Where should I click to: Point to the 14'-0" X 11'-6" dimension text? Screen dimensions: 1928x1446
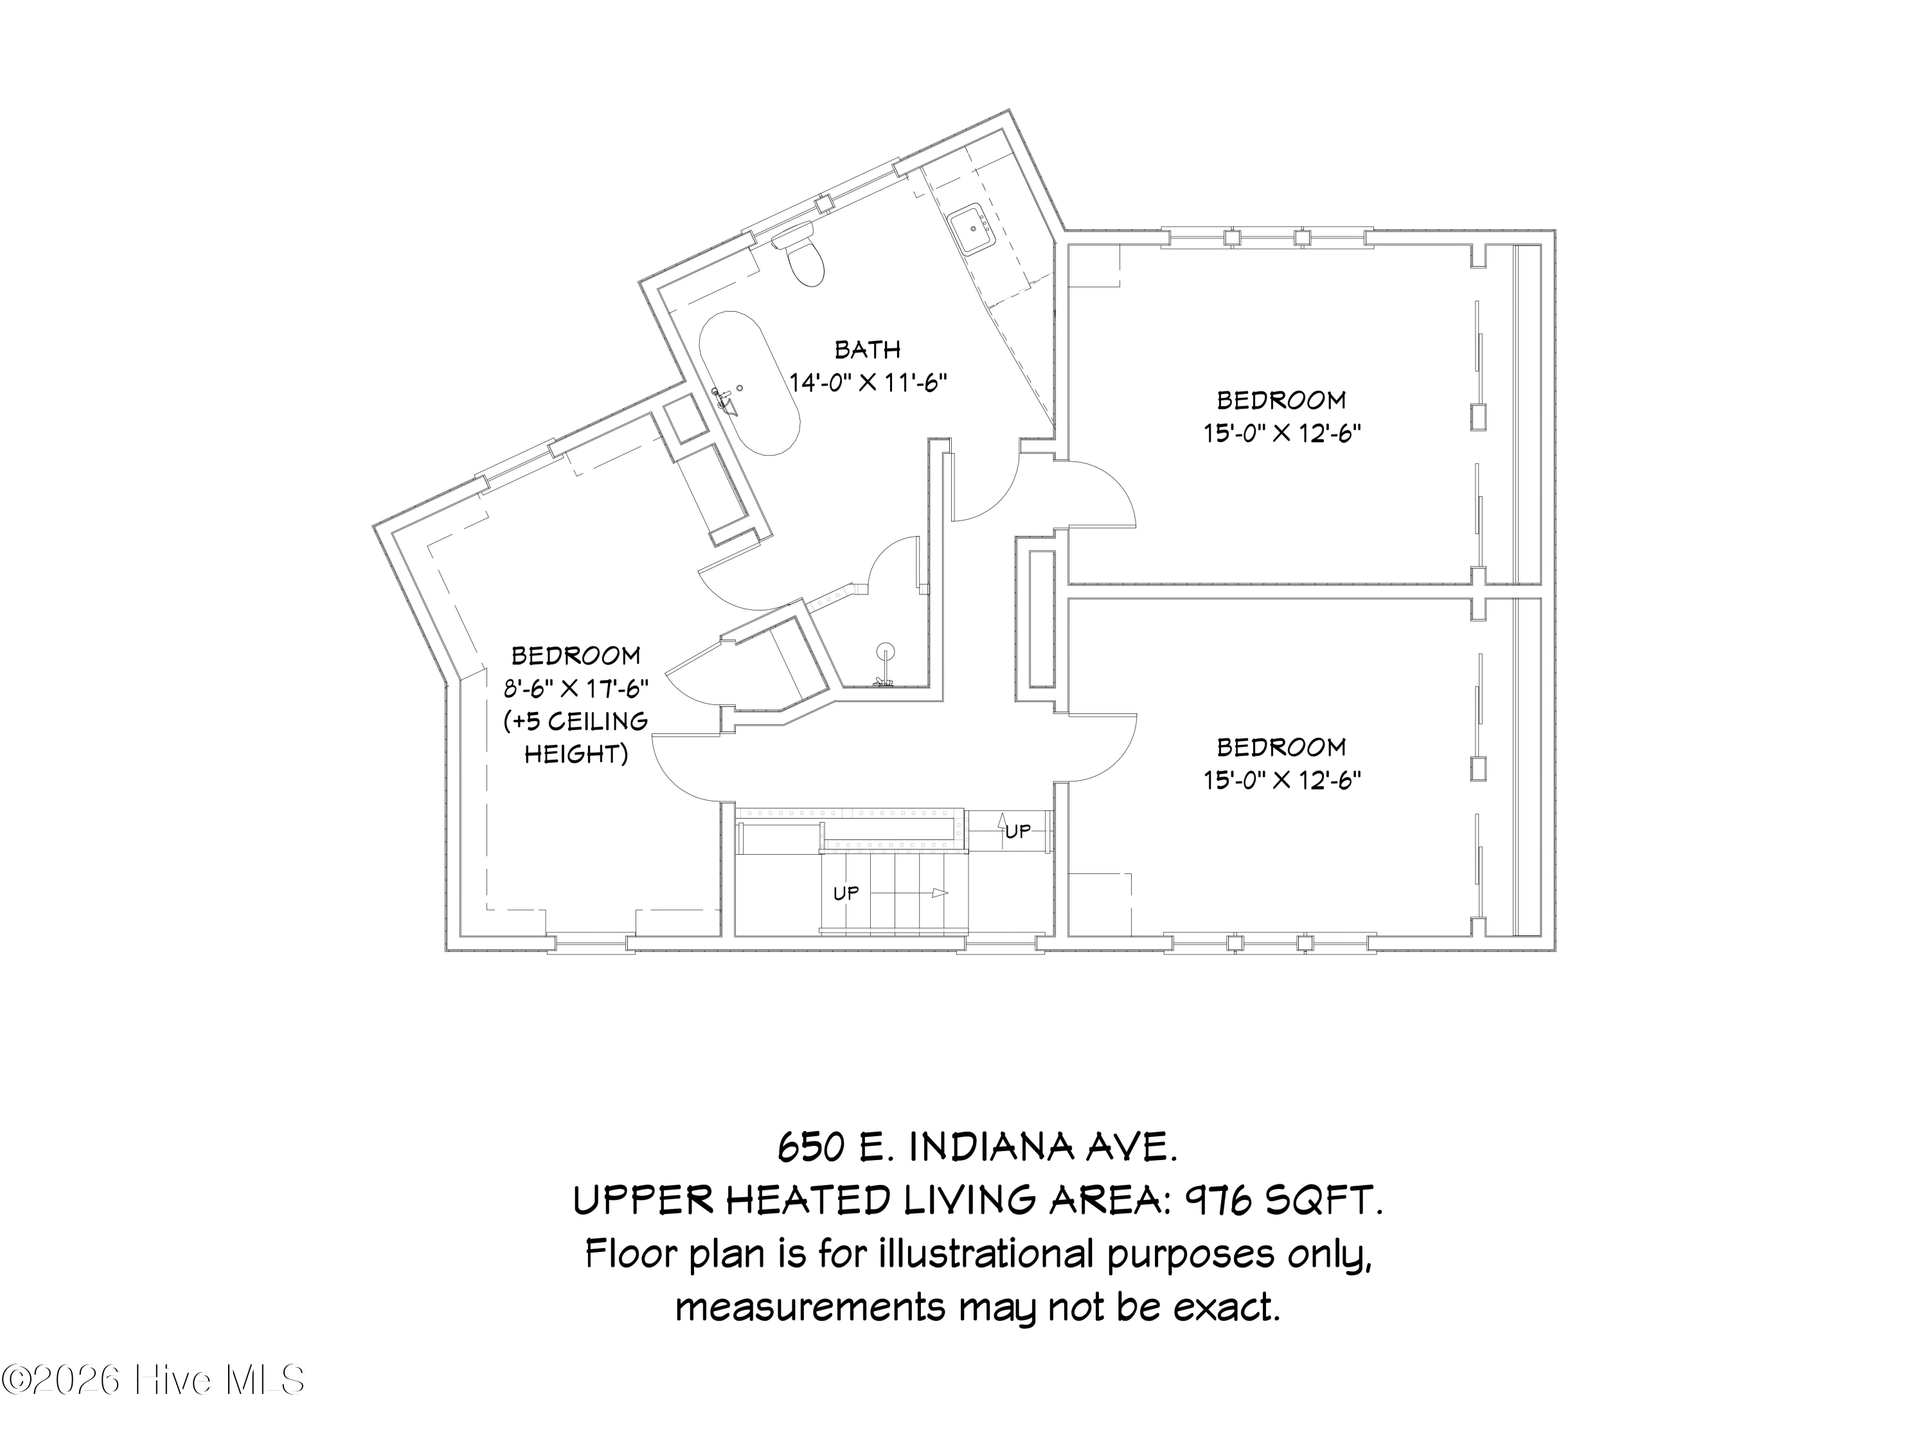pos(868,382)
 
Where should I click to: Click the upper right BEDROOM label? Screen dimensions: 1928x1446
pos(1281,400)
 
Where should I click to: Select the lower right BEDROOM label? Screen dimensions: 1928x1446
pos(1281,747)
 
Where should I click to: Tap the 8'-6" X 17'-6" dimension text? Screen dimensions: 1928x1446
pos(576,688)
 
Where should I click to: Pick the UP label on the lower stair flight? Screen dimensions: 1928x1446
pos(846,893)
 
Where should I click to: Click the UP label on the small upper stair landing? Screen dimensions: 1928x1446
pos(1017,832)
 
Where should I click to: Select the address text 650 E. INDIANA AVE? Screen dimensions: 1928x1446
pos(977,1147)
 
